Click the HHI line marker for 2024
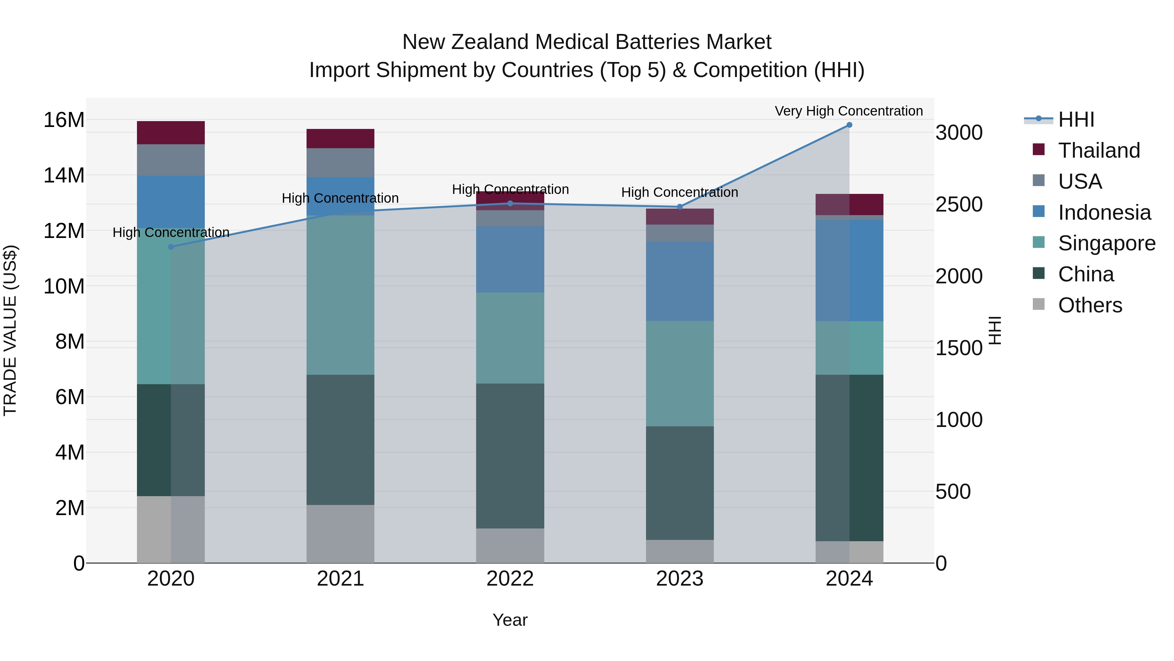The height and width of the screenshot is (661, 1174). pos(849,125)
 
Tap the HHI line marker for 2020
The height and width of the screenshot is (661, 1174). pos(171,247)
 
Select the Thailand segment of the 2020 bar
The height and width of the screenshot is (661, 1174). pos(171,133)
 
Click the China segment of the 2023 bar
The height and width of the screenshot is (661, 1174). pos(680,483)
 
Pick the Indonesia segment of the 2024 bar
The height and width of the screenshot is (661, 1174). pos(849,271)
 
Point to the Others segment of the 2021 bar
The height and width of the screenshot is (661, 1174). pos(340,533)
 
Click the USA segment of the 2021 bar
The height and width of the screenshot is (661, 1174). pos(340,163)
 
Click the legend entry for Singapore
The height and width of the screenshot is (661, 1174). pos(1106,243)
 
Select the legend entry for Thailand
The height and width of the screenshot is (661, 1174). pos(1099,150)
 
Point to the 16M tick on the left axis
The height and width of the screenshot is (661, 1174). pos(64,120)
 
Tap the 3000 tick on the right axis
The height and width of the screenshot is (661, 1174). pos(959,133)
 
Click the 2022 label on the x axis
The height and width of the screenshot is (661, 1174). pos(510,579)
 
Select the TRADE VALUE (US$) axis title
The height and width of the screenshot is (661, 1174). pos(10,330)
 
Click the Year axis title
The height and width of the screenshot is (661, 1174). pos(510,620)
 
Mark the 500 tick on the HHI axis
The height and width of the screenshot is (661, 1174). pos(953,492)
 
